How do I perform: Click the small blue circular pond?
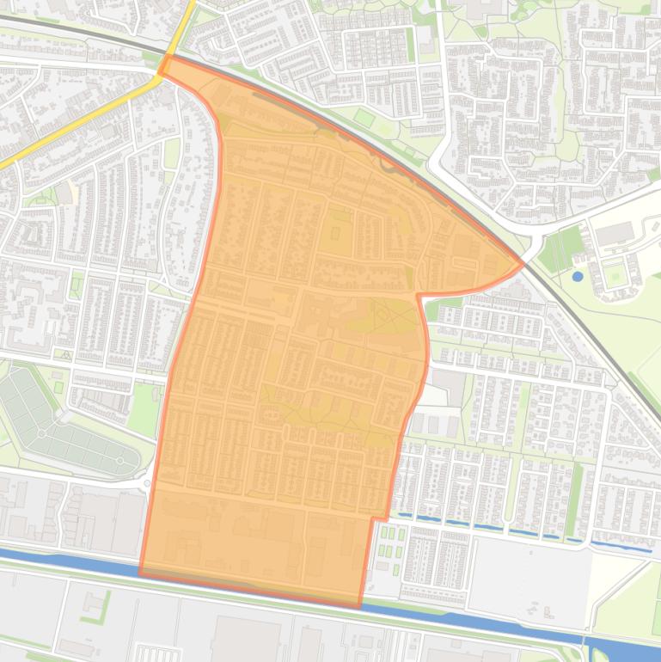[x=577, y=277]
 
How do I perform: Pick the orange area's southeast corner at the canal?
[x=359, y=606]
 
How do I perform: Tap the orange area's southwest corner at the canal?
[x=140, y=573]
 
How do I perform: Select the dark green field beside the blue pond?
[x=560, y=249]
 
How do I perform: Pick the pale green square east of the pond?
[x=615, y=275]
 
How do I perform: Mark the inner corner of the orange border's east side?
[x=419, y=295]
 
